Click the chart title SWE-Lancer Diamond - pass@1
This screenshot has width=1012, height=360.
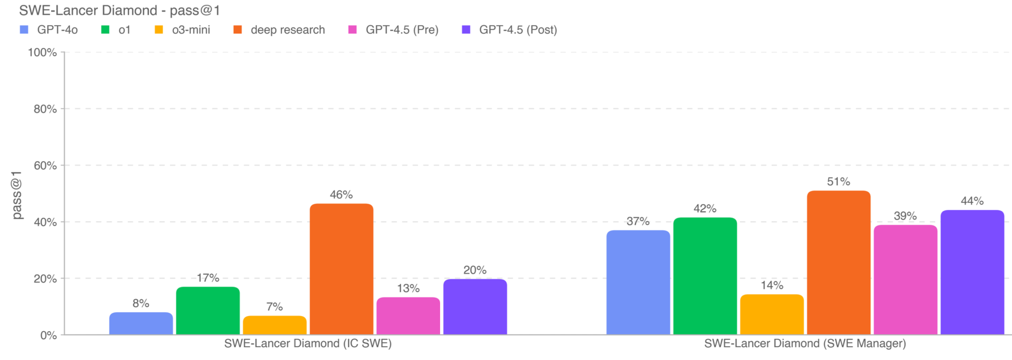pyautogui.click(x=119, y=10)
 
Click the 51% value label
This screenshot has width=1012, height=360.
pyautogui.click(x=838, y=181)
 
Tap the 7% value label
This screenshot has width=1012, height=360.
pyautogui.click(x=274, y=306)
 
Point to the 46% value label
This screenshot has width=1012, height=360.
pyautogui.click(x=341, y=195)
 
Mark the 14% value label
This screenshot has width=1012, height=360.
pyautogui.click(x=772, y=285)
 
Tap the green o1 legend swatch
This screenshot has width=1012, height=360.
pyautogui.click(x=105, y=30)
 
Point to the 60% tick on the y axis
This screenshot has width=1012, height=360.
pyautogui.click(x=45, y=165)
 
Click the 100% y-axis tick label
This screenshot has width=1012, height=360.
pyautogui.click(x=42, y=52)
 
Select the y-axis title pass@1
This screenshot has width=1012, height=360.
pyautogui.click(x=17, y=195)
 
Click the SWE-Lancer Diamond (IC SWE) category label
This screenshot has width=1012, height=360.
pyautogui.click(x=308, y=343)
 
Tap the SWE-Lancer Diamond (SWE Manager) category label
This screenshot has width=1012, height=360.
pyautogui.click(x=805, y=343)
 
